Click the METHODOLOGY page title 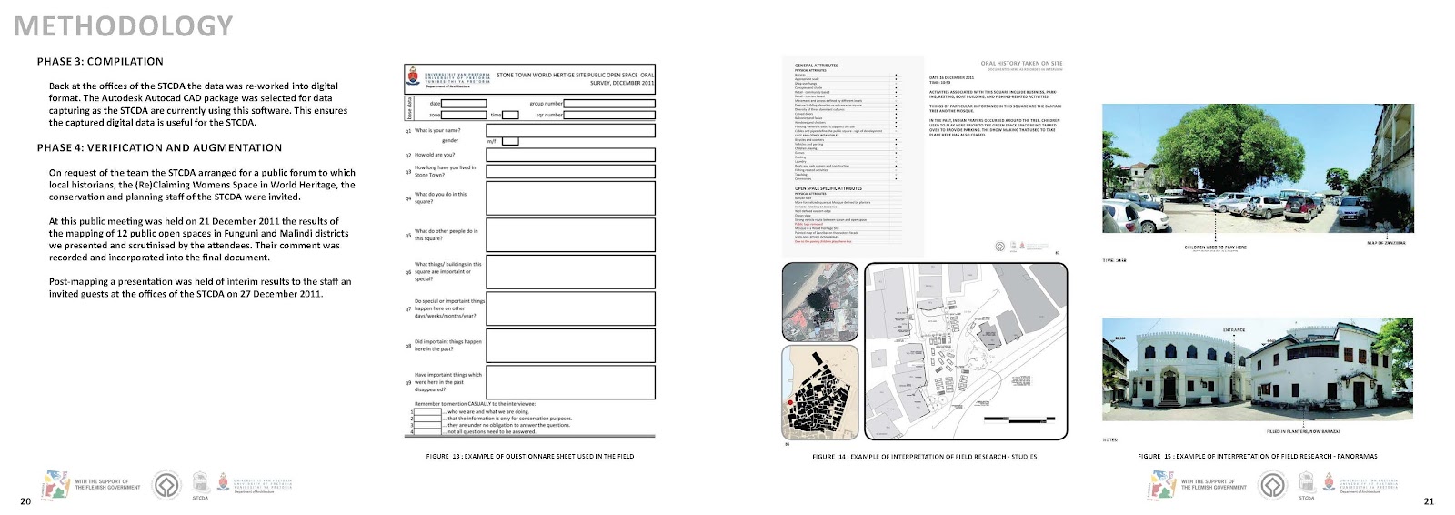pos(123,26)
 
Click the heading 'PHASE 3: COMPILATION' pos(100,62)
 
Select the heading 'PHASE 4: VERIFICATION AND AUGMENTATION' pos(159,147)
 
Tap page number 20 pos(25,501)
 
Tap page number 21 pos(1429,501)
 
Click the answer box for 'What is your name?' pos(570,131)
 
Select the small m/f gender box pos(510,141)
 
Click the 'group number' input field pos(608,104)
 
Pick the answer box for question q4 pos(570,198)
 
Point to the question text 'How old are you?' pos(435,155)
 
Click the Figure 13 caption pos(529,456)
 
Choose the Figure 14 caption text pos(924,457)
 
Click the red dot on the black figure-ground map pos(790,402)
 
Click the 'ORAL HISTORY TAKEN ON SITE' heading pos(1021,64)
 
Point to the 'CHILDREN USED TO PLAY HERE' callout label pos(1215,247)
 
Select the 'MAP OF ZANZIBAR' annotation pos(1386,243)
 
